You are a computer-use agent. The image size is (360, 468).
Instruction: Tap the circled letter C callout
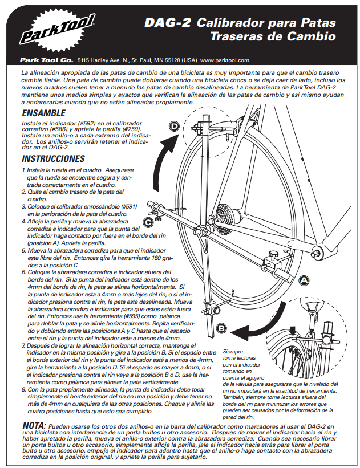[148, 222]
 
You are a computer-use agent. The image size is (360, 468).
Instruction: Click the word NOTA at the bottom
[34, 425]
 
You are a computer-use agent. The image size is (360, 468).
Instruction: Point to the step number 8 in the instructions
[24, 386]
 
